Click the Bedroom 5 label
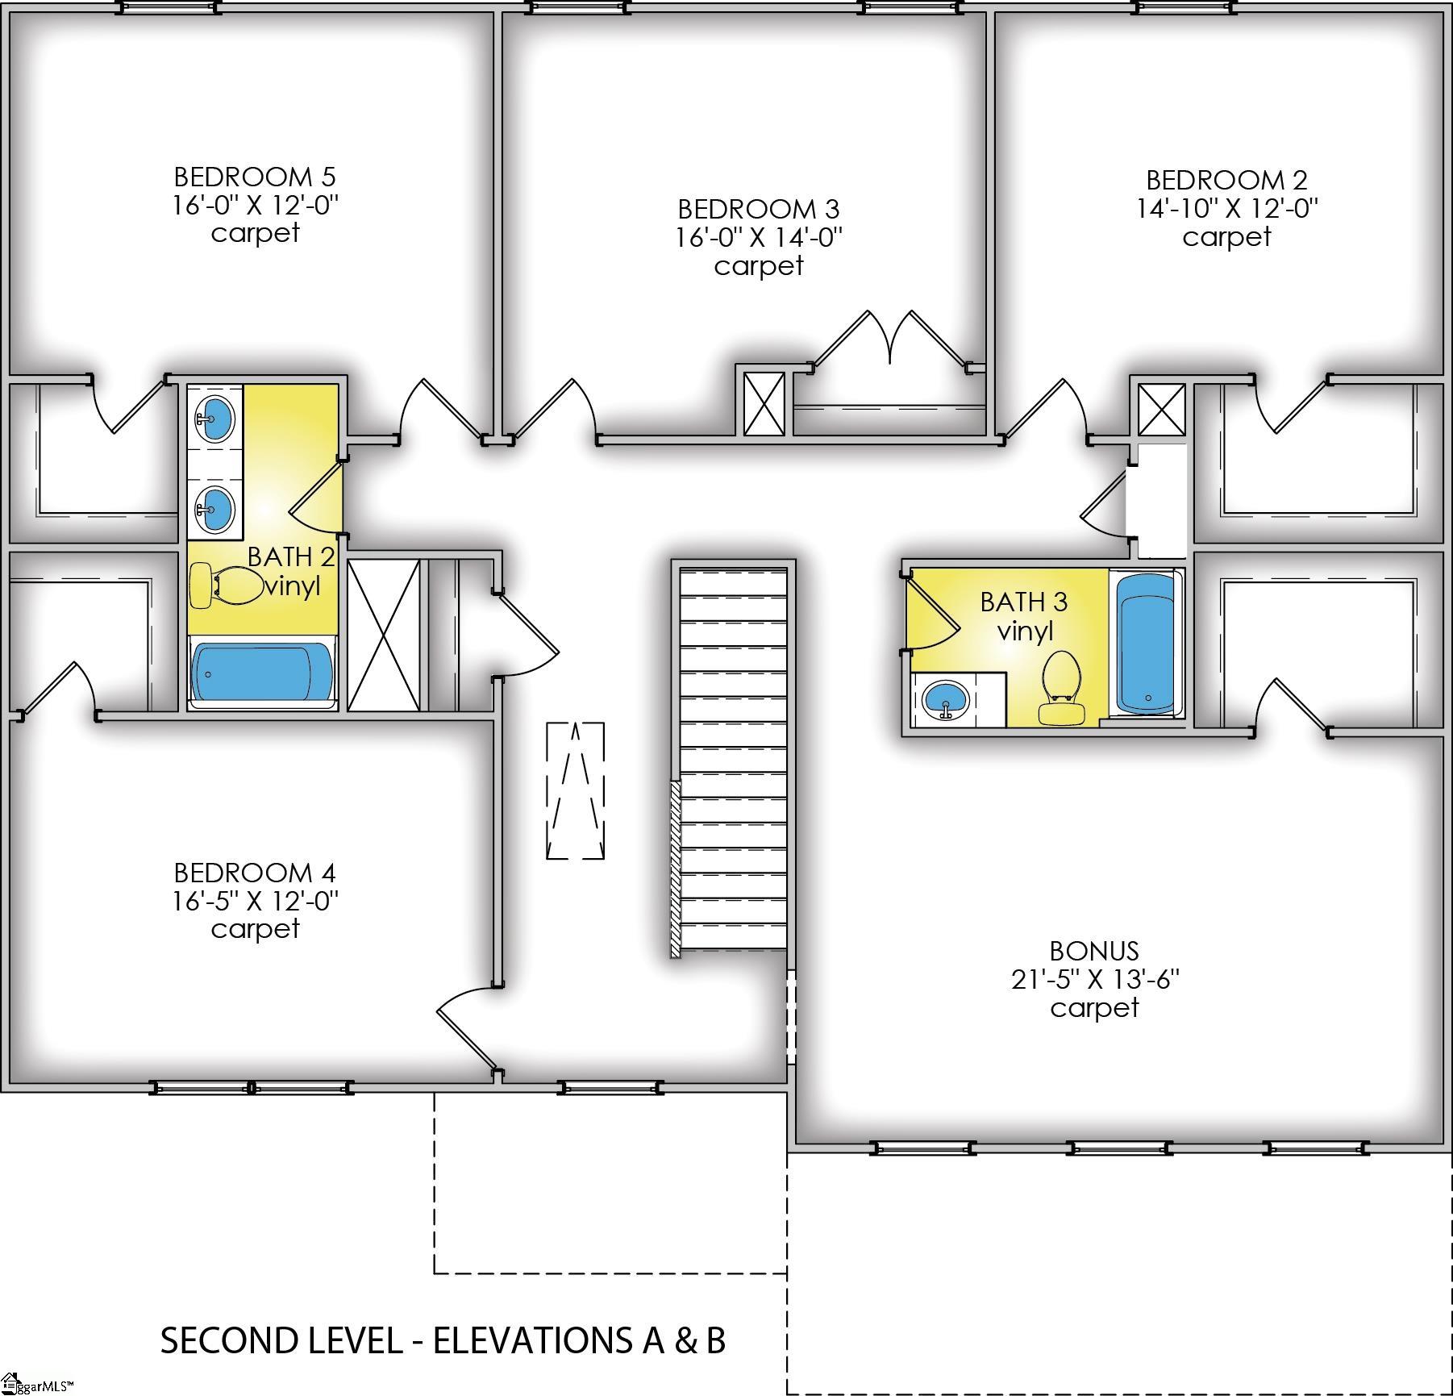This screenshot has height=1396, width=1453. pyautogui.click(x=255, y=177)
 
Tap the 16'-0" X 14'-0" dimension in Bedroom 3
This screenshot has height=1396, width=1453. pyautogui.click(x=759, y=237)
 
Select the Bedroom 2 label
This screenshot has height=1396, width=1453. pyautogui.click(x=1226, y=180)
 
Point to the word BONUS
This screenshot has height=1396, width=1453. pyautogui.click(x=1094, y=951)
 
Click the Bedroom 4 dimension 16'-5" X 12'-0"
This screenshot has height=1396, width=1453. pyautogui.click(x=255, y=901)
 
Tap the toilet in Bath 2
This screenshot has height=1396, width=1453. pyautogui.click(x=227, y=585)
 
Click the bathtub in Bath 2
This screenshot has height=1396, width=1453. pyautogui.click(x=262, y=673)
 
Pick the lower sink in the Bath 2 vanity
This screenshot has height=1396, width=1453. pyautogui.click(x=215, y=509)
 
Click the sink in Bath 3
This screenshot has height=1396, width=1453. pyautogui.click(x=947, y=698)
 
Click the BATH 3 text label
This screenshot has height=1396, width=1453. pyautogui.click(x=1023, y=602)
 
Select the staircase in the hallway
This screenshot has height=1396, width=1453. pyautogui.click(x=733, y=758)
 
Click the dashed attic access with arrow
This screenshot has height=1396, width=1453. pyautogui.click(x=576, y=790)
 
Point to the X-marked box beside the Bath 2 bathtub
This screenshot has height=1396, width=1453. pyautogui.click(x=384, y=635)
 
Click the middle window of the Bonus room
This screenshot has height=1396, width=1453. pyautogui.click(x=1119, y=1148)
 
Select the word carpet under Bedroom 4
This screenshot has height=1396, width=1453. pyautogui.click(x=255, y=929)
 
